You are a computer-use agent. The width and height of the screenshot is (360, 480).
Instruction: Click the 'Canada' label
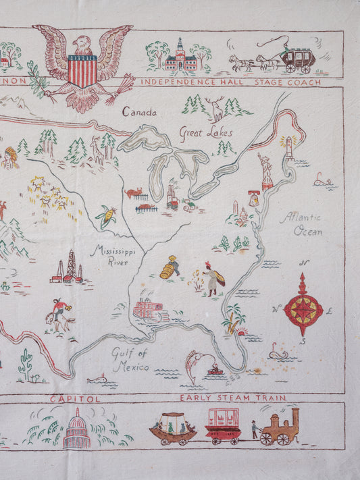[140, 112]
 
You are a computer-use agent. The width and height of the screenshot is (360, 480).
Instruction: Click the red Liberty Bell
[254, 199]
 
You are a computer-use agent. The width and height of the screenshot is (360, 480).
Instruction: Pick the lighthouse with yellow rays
[289, 145]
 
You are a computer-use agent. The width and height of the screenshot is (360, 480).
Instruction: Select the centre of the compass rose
[303, 309]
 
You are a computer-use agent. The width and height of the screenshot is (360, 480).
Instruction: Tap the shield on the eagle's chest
[82, 70]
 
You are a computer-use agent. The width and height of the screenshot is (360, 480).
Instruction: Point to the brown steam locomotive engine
[280, 427]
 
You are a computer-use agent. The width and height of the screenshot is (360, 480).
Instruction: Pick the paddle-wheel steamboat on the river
[150, 309]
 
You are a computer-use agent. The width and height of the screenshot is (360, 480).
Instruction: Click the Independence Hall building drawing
[180, 59]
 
